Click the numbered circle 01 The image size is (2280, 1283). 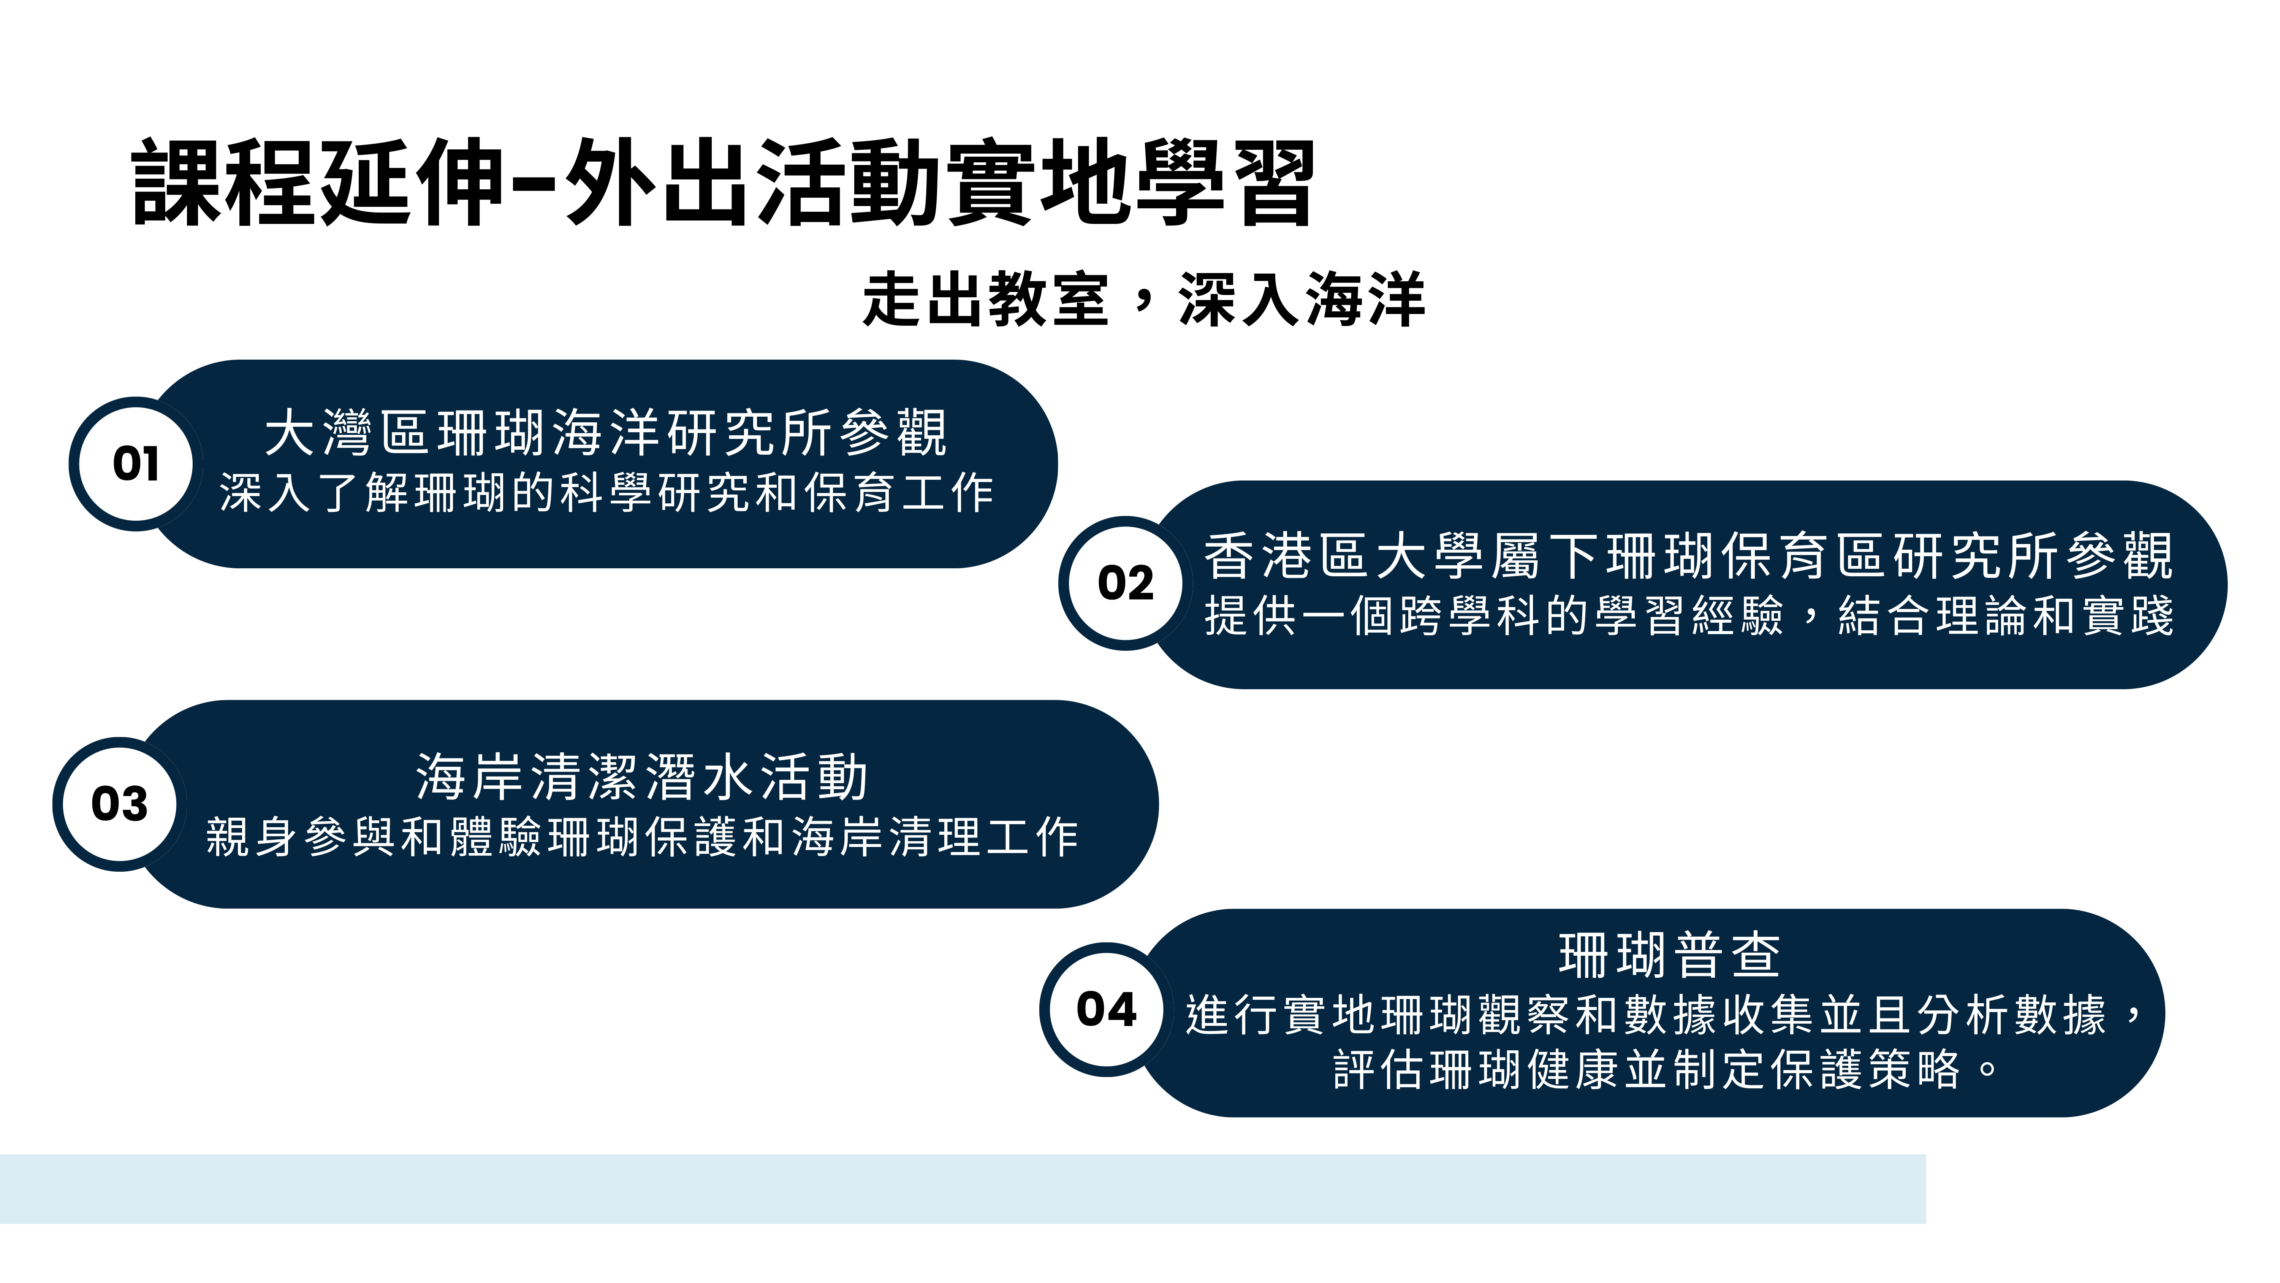point(136,464)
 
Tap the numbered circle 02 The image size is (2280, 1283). point(1126,584)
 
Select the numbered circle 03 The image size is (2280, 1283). point(119,804)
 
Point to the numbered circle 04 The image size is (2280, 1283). point(1106,1009)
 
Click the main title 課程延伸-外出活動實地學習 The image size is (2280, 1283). point(723,182)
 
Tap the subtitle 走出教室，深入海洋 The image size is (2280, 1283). point(1143,299)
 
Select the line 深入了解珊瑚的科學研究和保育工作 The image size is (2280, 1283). point(606,492)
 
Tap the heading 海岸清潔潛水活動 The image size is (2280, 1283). point(642,777)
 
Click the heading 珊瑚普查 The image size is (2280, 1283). point(1669,955)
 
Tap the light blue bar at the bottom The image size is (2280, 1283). point(963,1189)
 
